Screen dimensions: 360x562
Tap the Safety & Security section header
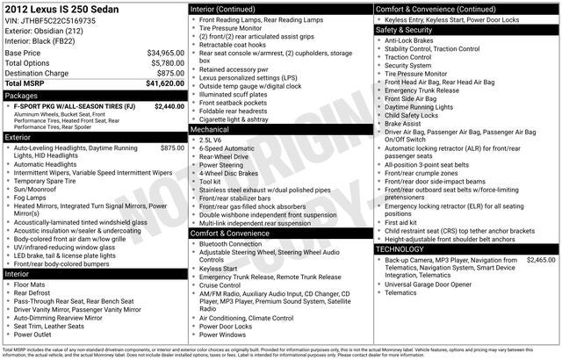point(407,29)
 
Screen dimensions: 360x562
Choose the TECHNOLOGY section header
point(403,249)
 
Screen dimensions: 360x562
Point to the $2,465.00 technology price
point(541,260)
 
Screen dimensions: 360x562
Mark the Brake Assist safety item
point(403,124)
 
